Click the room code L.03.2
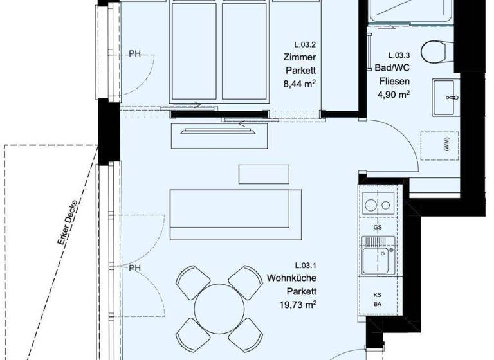click(306, 45)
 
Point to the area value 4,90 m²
click(394, 94)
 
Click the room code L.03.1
click(306, 265)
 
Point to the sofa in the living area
click(235, 214)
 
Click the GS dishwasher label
click(377, 228)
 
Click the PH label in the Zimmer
click(135, 53)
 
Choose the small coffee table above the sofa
click(259, 174)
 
